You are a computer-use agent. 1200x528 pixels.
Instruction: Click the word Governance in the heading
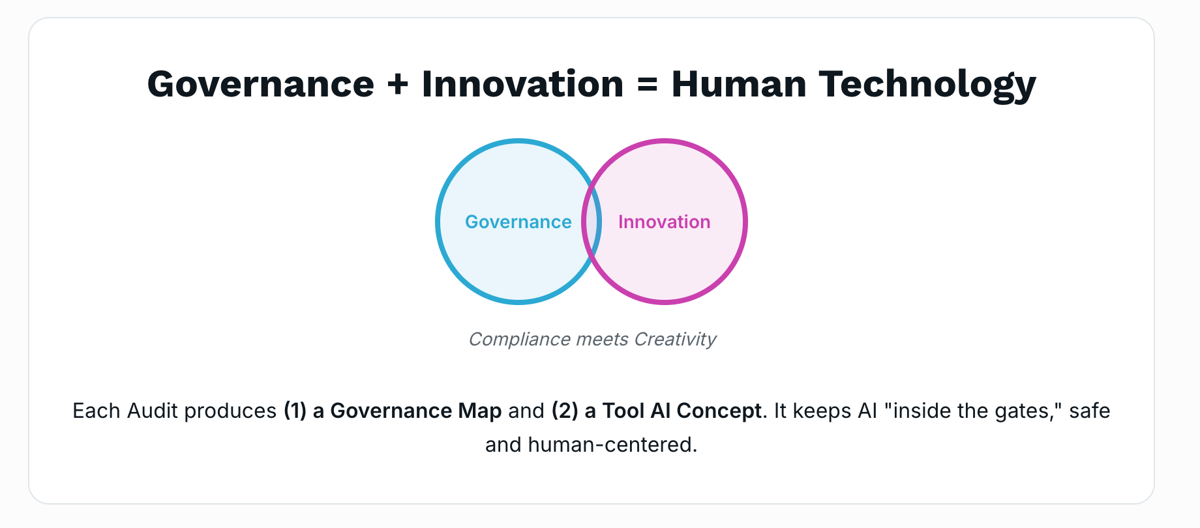tap(260, 85)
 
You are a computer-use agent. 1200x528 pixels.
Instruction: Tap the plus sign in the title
tap(397, 85)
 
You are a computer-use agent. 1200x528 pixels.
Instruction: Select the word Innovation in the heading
tap(522, 85)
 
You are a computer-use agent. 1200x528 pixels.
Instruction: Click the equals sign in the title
tap(647, 85)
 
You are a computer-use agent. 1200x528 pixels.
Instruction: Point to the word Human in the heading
tap(739, 85)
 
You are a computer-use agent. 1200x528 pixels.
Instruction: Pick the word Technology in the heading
tap(927, 85)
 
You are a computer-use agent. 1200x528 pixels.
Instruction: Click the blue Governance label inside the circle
tap(518, 222)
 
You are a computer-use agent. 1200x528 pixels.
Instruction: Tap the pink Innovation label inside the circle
tap(664, 222)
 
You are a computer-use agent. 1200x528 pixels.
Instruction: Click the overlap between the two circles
tap(592, 222)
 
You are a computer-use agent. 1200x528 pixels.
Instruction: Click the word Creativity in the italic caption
tap(675, 340)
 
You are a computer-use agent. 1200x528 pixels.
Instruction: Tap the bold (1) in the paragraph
tap(295, 411)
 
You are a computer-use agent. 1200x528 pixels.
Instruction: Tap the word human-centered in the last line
tap(612, 445)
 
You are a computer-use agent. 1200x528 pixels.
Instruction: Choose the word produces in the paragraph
tap(230, 411)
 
